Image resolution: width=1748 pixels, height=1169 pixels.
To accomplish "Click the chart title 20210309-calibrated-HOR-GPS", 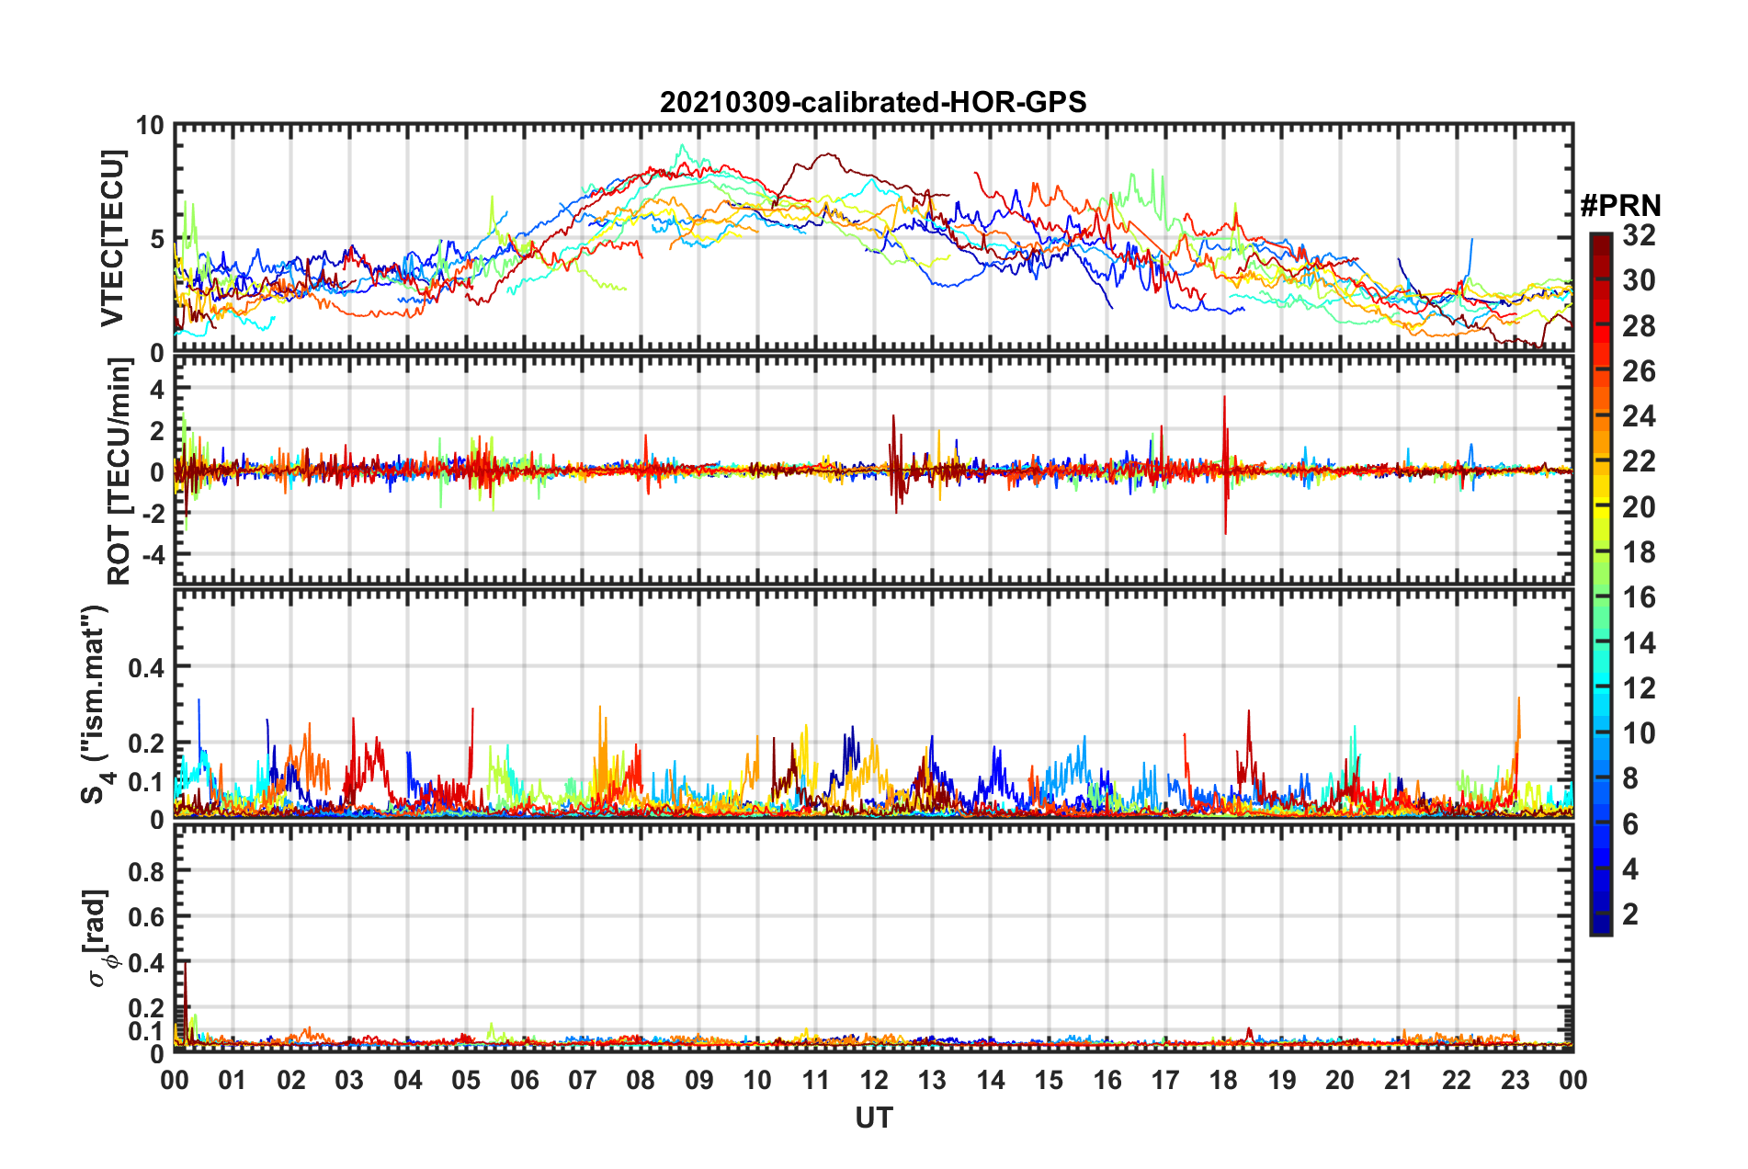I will [x=873, y=102].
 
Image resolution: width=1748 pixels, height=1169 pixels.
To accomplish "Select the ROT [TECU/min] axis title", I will [x=119, y=471].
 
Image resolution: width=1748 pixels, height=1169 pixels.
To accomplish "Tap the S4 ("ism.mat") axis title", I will [x=96, y=704].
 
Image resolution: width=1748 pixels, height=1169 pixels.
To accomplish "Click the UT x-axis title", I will [x=873, y=1118].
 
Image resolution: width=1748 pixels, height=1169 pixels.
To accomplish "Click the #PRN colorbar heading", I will [x=1620, y=206].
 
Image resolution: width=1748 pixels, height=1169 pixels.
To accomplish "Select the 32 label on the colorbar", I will [x=1639, y=235].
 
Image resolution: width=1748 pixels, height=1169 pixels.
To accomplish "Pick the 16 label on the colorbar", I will [x=1639, y=597].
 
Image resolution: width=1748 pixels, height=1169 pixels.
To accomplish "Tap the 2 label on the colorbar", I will [x=1630, y=914].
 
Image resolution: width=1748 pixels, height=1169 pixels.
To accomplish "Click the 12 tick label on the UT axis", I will [x=874, y=1080].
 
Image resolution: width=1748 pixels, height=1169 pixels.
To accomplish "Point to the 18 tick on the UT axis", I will [x=1223, y=1080].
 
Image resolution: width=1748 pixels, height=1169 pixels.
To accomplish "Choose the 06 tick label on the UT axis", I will [x=525, y=1080].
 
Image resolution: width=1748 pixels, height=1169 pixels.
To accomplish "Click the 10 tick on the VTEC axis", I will [x=150, y=126].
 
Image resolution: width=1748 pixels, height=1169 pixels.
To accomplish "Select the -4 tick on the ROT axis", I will [x=151, y=555].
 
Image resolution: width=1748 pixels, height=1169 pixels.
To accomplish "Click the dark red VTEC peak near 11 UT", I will [x=828, y=154].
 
